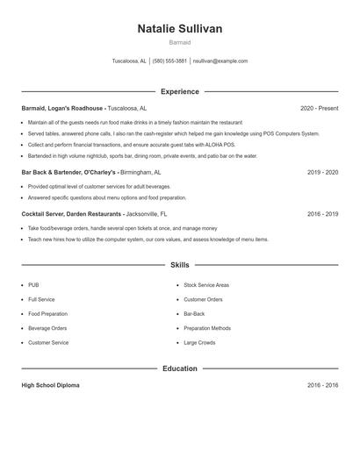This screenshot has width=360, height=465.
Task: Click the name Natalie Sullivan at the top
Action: (x=180, y=29)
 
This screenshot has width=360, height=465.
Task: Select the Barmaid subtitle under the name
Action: (x=180, y=42)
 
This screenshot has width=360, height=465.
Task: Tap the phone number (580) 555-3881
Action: (x=169, y=61)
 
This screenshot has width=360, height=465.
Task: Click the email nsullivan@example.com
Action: (x=220, y=61)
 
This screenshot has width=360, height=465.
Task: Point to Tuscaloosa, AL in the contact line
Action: (x=129, y=61)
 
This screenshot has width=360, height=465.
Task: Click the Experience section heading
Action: (x=180, y=91)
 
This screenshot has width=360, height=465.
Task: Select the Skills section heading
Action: (x=180, y=264)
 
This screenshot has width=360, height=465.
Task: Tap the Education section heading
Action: (x=180, y=368)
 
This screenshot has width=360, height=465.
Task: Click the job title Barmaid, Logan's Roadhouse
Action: (x=63, y=108)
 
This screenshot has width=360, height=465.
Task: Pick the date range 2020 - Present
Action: (x=319, y=108)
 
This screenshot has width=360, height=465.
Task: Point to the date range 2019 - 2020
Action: (x=322, y=173)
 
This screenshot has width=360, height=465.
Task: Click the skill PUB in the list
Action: (x=33, y=285)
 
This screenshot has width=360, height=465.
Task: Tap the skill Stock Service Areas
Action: (x=206, y=285)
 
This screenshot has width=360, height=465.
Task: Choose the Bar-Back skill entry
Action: (x=194, y=313)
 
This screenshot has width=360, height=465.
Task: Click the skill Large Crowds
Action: (x=199, y=342)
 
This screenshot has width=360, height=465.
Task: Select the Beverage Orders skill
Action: (x=47, y=328)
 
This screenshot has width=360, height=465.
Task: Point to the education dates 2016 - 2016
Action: (x=322, y=385)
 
